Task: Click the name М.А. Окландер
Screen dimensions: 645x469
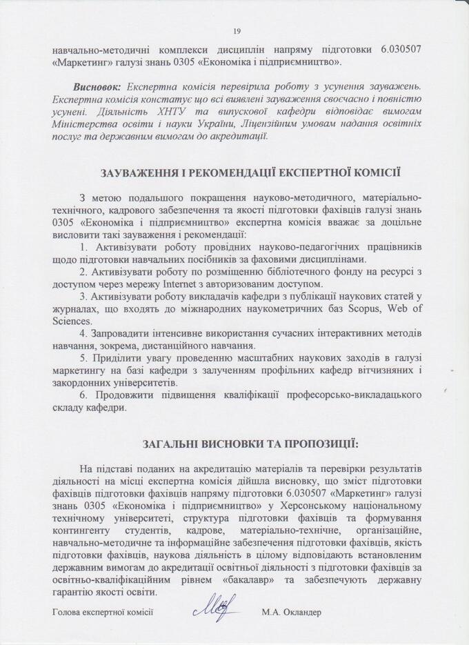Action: point(292,611)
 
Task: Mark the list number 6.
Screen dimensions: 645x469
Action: point(82,395)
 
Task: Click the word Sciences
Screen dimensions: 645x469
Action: point(71,321)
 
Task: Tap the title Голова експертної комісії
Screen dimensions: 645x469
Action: point(102,611)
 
